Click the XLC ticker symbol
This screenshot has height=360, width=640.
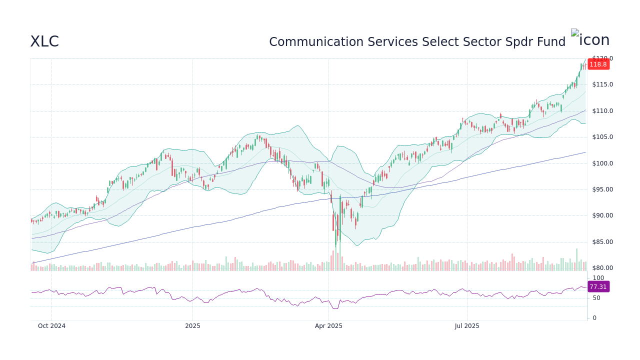click(x=44, y=41)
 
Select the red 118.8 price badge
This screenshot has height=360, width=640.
click(x=598, y=64)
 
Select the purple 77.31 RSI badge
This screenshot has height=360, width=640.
click(x=598, y=287)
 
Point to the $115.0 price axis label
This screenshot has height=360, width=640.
click(x=602, y=84)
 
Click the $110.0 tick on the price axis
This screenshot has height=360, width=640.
click(x=602, y=111)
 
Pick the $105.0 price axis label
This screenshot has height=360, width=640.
click(x=602, y=137)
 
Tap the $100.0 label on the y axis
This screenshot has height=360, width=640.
click(x=602, y=163)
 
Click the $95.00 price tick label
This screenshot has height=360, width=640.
click(x=602, y=189)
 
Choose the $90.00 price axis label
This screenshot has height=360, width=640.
click(x=602, y=215)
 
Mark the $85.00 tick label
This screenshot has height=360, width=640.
click(x=602, y=242)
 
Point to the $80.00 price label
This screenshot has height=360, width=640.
click(x=602, y=268)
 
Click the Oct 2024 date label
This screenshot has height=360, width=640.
click(x=51, y=326)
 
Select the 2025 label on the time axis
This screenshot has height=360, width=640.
click(x=192, y=326)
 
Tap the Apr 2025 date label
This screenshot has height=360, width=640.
click(x=328, y=326)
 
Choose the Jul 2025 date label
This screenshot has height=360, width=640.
click(x=467, y=326)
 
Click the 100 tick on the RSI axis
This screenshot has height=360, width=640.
click(x=598, y=278)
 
